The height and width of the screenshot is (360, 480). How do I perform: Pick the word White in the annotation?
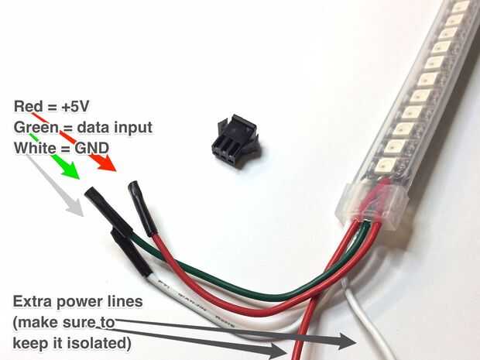tap(33, 146)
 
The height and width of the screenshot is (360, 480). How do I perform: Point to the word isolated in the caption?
tap(97, 340)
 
